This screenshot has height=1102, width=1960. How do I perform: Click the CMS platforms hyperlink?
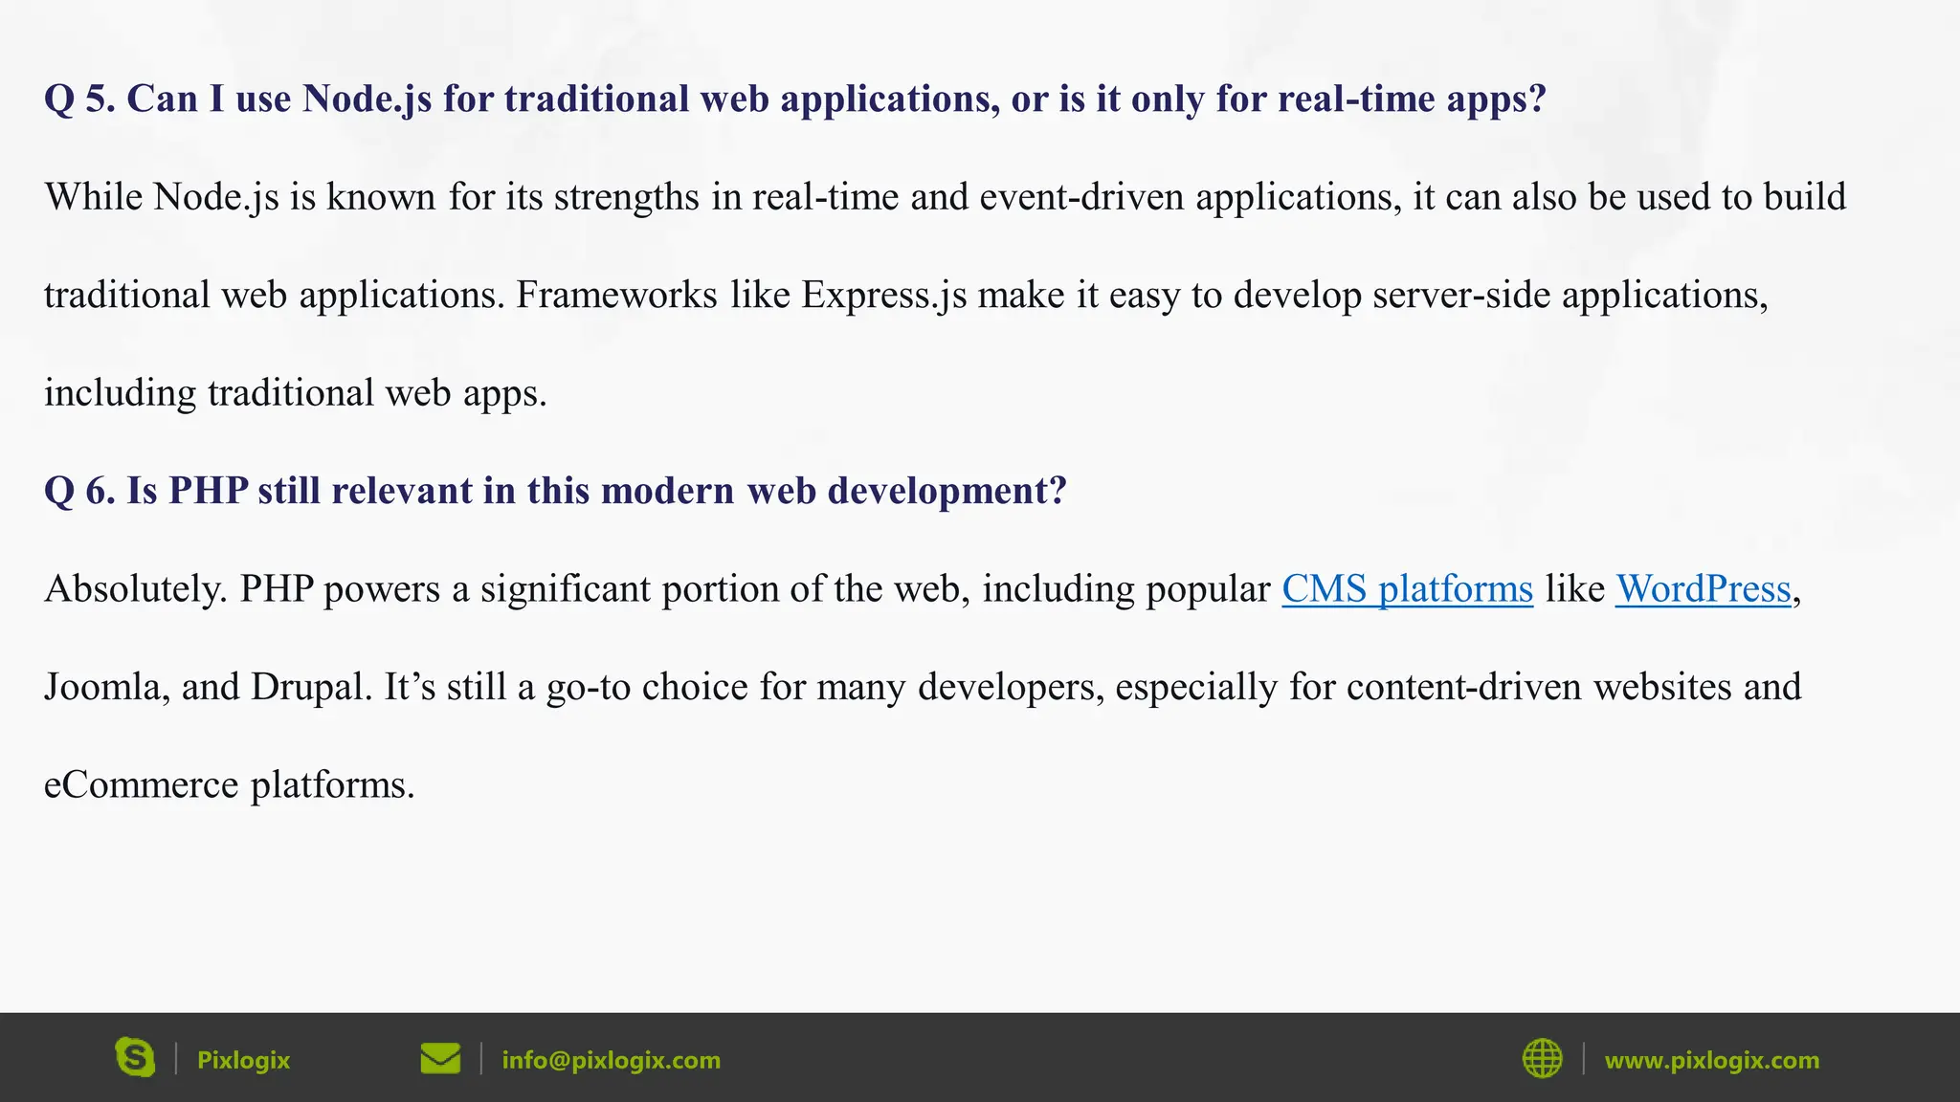click(x=1407, y=589)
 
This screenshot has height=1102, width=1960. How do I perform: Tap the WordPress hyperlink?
click(x=1703, y=589)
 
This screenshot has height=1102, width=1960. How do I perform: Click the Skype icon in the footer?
click(x=135, y=1057)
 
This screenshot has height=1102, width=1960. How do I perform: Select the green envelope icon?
click(x=440, y=1058)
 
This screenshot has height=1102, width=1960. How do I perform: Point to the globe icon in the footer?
click(x=1542, y=1058)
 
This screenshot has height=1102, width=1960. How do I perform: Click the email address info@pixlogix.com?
click(x=611, y=1060)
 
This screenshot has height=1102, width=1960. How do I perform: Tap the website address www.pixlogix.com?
click(x=1711, y=1060)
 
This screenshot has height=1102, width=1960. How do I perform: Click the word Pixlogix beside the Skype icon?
click(x=243, y=1060)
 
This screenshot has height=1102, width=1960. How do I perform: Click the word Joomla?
click(x=101, y=687)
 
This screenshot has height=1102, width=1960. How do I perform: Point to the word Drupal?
click(x=310, y=687)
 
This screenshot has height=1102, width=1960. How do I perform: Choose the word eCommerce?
click(x=141, y=785)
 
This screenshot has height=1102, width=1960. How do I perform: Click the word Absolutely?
click(x=135, y=589)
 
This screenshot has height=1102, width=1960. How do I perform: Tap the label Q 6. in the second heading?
click(x=79, y=491)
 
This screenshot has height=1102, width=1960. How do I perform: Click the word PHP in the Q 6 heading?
click(x=208, y=491)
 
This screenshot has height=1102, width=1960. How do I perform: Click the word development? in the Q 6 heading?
click(x=947, y=491)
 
